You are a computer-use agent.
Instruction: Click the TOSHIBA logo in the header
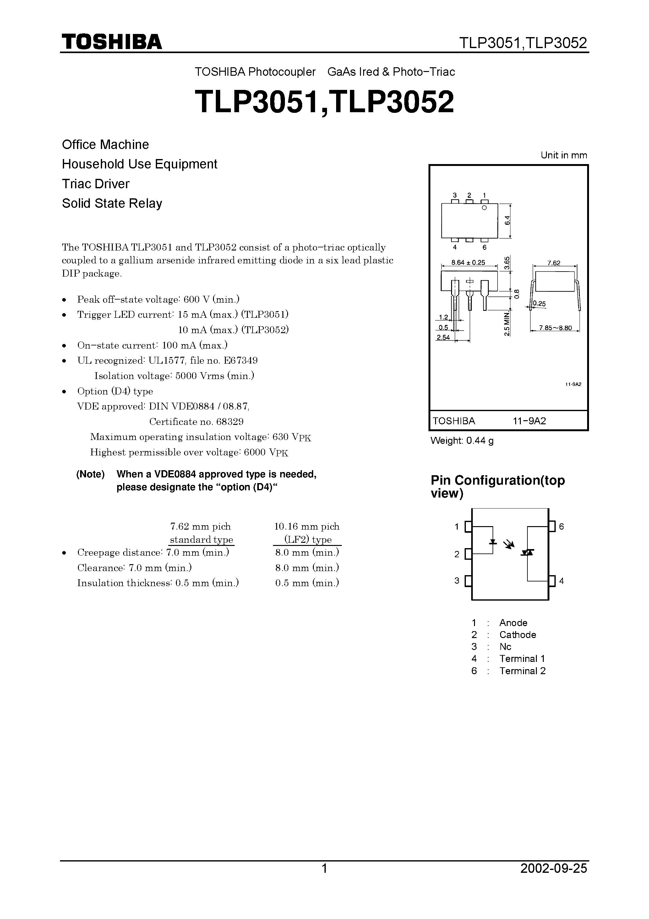[x=112, y=41]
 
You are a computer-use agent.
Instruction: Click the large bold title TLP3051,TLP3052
[x=324, y=102]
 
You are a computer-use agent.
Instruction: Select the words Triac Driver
[x=95, y=184]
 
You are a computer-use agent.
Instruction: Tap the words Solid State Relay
[x=112, y=203]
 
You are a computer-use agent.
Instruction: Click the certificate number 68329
[x=230, y=422]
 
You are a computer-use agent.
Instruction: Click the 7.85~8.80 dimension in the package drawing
[x=555, y=328]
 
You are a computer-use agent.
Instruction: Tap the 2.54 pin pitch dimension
[x=443, y=338]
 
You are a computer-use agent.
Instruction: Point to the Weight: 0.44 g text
[x=462, y=441]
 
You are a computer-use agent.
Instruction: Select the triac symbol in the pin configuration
[x=527, y=552]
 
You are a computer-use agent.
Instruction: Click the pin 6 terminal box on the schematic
[x=552, y=526]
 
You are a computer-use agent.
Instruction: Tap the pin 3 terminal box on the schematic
[x=468, y=581]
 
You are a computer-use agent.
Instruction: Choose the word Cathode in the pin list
[x=517, y=635]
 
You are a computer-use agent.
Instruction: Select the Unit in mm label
[x=564, y=155]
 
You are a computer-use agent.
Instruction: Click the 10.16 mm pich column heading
[x=307, y=527]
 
